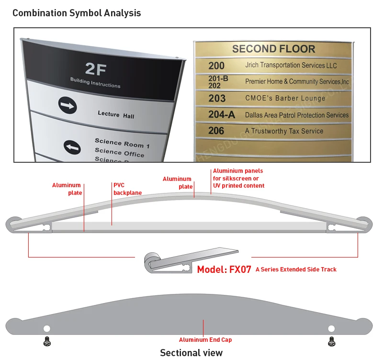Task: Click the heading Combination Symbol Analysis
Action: coord(77,13)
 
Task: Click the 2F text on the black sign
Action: coord(95,69)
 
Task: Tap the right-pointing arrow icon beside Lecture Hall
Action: coord(68,105)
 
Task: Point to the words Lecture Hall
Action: coord(116,115)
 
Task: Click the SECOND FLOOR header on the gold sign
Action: coord(273,49)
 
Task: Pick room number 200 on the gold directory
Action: coord(216,66)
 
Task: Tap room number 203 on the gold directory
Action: coord(217,98)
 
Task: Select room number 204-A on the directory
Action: coord(222,114)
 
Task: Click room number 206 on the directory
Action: coord(216,131)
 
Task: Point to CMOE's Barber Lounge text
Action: coord(285,98)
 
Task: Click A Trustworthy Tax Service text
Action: coord(284,131)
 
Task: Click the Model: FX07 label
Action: coord(224,269)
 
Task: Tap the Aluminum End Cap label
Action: coord(205,340)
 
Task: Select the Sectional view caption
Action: coord(191,353)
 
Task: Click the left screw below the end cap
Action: coord(46,341)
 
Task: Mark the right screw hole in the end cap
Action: coord(331,328)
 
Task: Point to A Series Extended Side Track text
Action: coord(296,270)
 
